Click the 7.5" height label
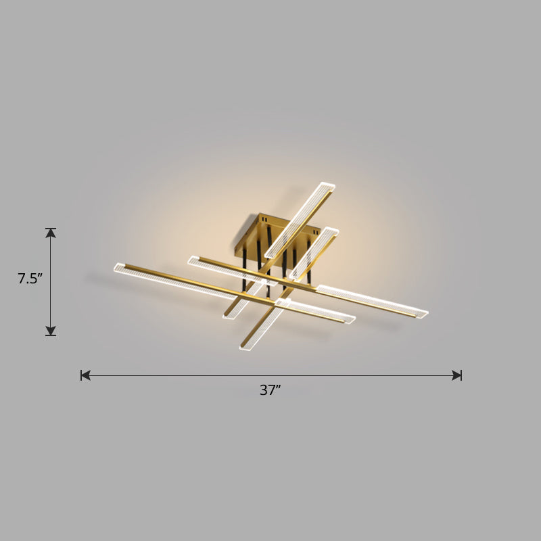(x=30, y=278)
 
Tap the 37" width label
(x=270, y=390)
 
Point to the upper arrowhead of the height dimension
(x=51, y=233)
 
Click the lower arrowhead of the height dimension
(x=51, y=331)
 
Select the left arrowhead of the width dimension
(x=85, y=375)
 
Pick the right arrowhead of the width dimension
(x=457, y=375)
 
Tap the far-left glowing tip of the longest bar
(x=120, y=268)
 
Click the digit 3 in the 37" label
(x=264, y=390)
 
